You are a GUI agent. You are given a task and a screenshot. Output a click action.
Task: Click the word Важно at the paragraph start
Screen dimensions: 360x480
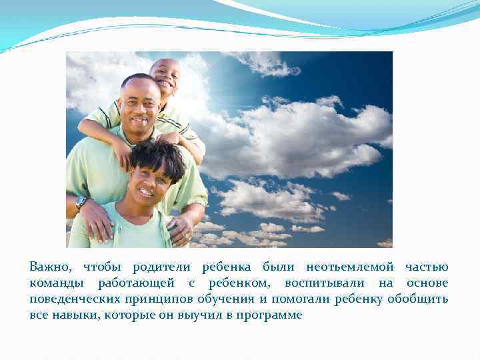49,266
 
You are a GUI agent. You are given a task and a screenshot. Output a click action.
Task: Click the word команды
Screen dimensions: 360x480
55,283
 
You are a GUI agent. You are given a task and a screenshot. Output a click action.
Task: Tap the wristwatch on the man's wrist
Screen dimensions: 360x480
81,202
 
